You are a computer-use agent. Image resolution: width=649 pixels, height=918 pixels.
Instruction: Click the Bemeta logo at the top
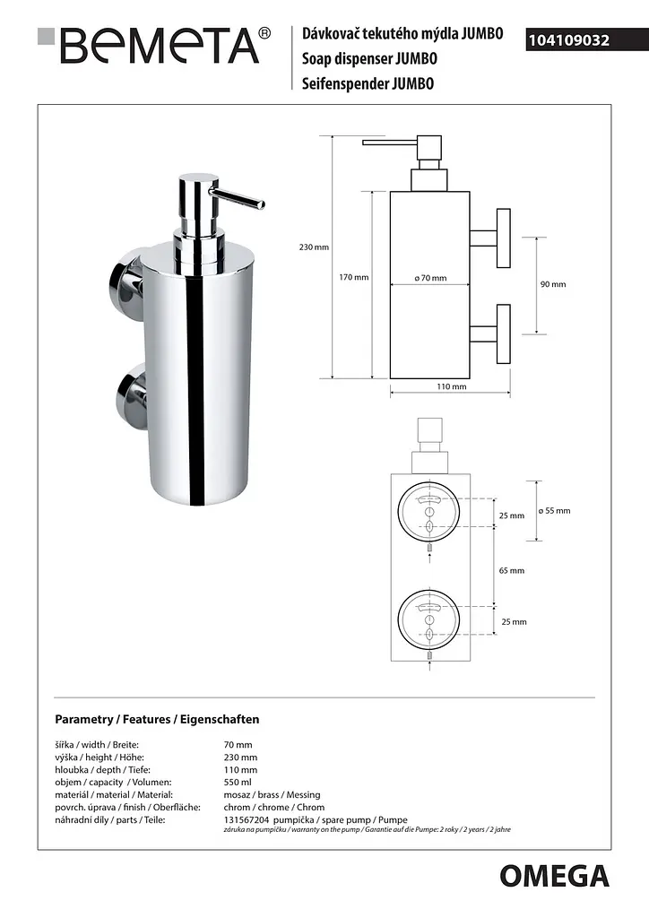click(154, 45)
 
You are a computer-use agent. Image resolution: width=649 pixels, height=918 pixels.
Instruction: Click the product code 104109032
click(569, 40)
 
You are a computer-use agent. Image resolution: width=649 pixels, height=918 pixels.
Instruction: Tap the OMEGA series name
click(554, 877)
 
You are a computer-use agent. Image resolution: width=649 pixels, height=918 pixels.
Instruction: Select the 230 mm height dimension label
click(314, 247)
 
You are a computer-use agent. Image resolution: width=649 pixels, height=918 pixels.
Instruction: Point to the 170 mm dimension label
click(353, 277)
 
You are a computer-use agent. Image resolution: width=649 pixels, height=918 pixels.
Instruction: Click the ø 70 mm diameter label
click(430, 278)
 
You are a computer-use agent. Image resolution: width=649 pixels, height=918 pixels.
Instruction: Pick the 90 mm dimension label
click(553, 284)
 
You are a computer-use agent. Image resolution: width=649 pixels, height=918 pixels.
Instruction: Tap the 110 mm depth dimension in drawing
click(452, 386)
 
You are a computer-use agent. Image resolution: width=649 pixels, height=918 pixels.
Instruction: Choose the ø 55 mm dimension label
click(554, 510)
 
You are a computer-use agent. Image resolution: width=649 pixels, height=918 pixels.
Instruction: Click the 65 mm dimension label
click(512, 570)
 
